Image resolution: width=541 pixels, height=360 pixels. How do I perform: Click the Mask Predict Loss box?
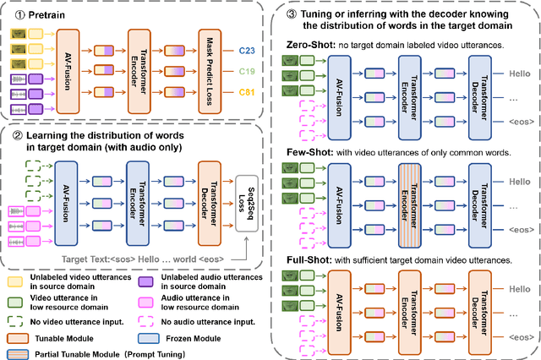point(214,71)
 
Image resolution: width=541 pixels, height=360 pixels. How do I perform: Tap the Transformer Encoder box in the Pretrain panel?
point(144,71)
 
